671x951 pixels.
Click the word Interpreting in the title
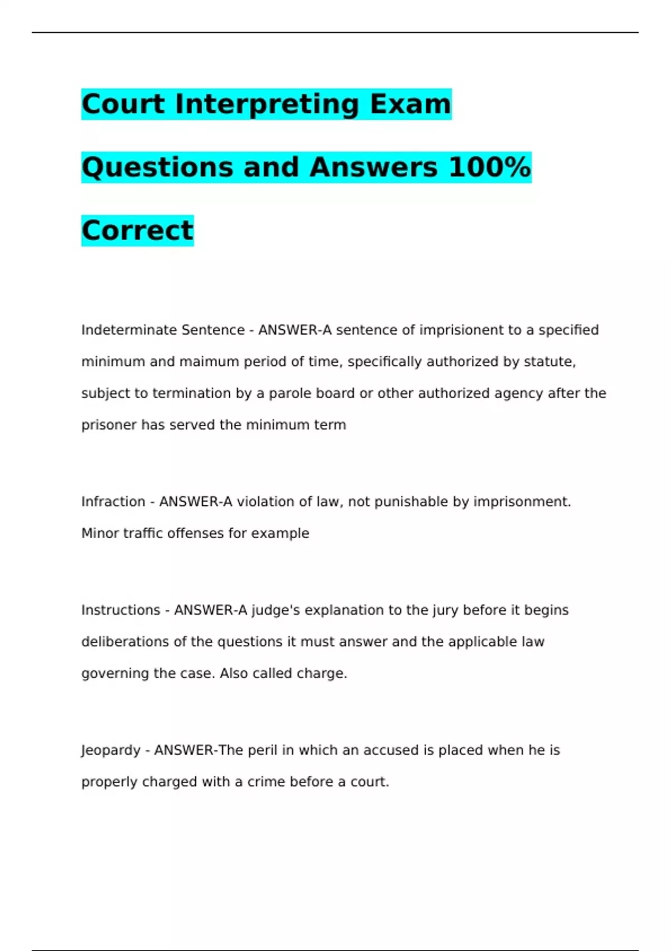coord(266,105)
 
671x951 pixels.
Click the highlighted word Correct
coord(138,230)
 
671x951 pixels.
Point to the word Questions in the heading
coord(157,168)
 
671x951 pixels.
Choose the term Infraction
coord(113,502)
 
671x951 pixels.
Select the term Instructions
coord(121,610)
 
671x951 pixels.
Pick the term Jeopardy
coord(111,750)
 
